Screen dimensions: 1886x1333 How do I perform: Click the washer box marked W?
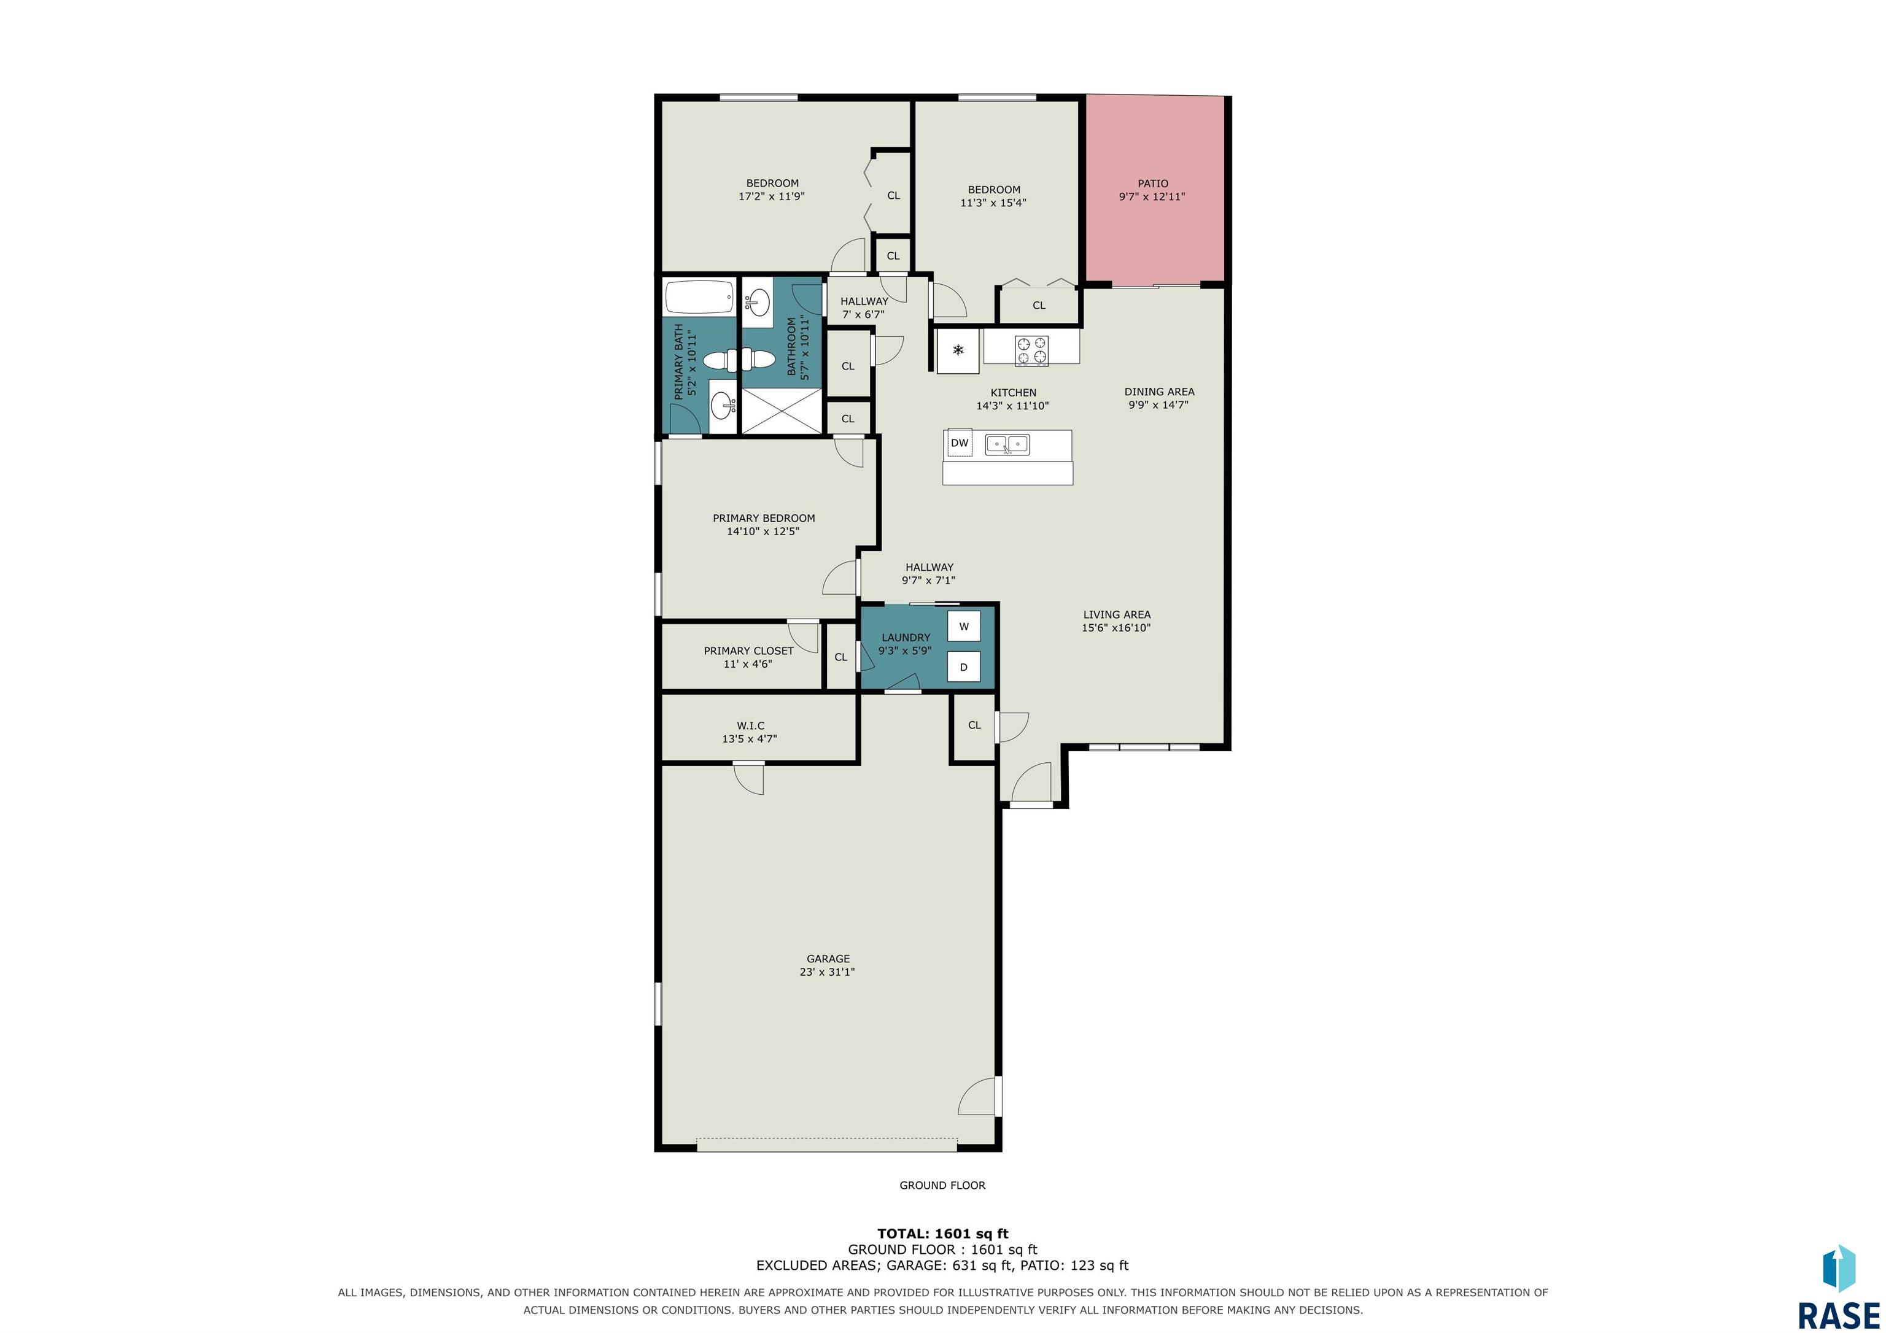963,626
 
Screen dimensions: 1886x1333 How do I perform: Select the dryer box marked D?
963,667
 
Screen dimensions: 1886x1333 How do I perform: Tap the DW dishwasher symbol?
960,442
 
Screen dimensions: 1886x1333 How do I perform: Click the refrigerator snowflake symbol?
958,350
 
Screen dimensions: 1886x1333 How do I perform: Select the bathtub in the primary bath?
699,297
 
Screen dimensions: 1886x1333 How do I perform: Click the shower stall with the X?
781,411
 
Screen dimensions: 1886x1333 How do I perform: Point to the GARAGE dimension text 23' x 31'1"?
828,972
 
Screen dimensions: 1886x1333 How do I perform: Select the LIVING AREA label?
1116,614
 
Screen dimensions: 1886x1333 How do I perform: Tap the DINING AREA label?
1159,392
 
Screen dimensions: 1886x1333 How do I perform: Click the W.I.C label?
750,725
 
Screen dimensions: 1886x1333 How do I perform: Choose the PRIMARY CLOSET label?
748,651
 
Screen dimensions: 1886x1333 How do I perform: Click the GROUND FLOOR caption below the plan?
942,1185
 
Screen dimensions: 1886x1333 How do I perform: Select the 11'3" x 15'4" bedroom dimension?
993,203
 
